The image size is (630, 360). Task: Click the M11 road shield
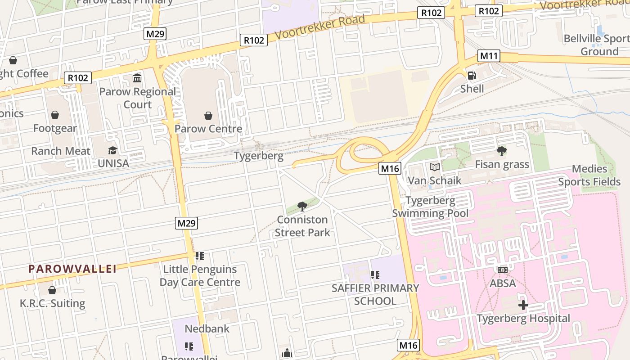tap(489, 56)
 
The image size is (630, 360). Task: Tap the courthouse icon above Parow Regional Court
tap(137, 78)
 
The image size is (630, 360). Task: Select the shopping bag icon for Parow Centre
tap(208, 116)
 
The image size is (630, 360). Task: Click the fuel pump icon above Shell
tap(472, 76)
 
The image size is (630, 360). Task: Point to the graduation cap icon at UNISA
tap(112, 150)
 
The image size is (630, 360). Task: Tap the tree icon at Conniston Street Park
tap(302, 207)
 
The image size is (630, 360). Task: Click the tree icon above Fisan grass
tap(502, 151)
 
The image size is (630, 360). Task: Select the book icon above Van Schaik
tap(434, 167)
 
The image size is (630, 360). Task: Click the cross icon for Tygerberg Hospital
tap(523, 305)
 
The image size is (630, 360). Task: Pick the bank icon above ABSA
tap(503, 270)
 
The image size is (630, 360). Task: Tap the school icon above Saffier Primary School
tap(375, 274)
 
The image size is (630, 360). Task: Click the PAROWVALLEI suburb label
tap(72, 269)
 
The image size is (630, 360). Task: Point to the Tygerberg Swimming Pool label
tap(430, 207)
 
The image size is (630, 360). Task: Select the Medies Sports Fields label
tap(589, 175)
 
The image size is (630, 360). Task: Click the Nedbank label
tap(207, 328)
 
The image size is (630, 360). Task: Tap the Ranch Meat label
tap(61, 151)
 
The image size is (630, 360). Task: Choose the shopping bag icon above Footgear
tap(55, 115)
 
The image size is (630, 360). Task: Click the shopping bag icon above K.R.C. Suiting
tap(52, 290)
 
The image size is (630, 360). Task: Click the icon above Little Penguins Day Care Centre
tap(200, 256)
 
